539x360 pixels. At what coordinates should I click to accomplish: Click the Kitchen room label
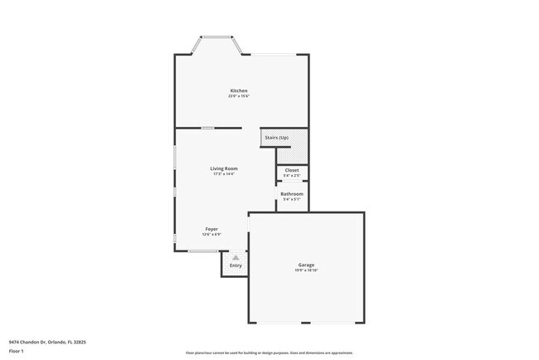coord(239,90)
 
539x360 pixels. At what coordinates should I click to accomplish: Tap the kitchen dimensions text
coord(239,96)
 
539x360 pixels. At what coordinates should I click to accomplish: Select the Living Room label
coord(224,168)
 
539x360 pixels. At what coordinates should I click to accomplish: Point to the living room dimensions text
coord(224,174)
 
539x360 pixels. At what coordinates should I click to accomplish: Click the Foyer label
coord(211,228)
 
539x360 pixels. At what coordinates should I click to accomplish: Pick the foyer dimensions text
coord(211,234)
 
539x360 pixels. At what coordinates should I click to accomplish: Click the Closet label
coord(292,170)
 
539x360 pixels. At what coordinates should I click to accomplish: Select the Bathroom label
coord(292,193)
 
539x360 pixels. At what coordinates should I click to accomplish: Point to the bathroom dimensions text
coord(292,199)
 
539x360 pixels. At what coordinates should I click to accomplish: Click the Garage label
coord(306,265)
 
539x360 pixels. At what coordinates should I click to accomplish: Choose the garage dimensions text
coord(306,270)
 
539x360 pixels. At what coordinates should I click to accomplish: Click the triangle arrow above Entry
coord(236,257)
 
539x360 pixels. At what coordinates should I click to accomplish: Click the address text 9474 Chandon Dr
coord(47,341)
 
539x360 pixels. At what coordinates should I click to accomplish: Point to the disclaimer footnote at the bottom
coord(269,353)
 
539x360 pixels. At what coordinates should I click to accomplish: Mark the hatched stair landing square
coord(292,155)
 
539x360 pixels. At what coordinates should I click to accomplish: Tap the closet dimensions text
coord(292,176)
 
